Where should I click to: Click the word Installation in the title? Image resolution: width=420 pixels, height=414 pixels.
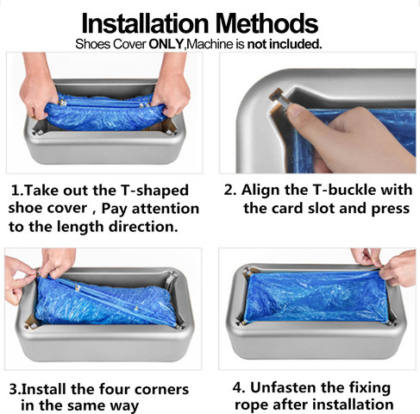[145, 23]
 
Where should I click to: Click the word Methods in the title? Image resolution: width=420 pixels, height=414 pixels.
[266, 23]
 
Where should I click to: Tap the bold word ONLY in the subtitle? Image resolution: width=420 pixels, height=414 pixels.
[166, 44]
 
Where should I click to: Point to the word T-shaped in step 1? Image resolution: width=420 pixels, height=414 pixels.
[154, 191]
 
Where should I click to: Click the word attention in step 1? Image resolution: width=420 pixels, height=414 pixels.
[166, 209]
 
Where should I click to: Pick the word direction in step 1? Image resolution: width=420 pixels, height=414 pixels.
[143, 227]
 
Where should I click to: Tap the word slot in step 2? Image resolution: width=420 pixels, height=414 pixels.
[321, 209]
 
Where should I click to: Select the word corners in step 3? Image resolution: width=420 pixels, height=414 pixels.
[161, 390]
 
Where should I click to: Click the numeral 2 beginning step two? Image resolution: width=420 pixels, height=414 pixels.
[229, 191]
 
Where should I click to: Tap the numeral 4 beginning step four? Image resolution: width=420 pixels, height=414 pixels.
[238, 388]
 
